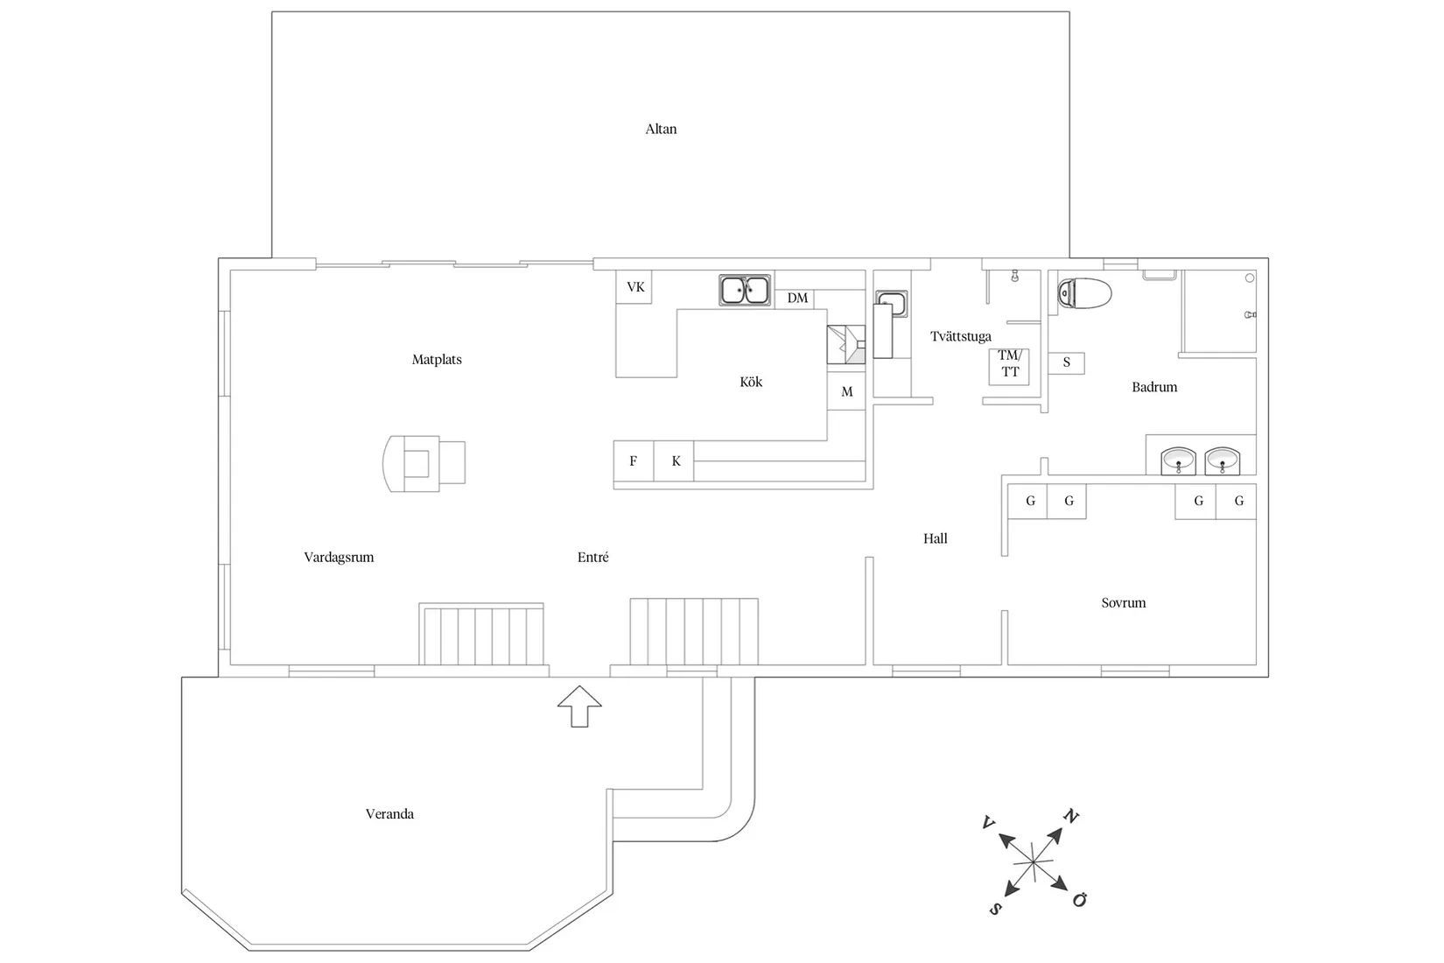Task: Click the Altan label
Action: pos(661,129)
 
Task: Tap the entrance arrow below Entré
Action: pos(579,706)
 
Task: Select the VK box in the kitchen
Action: pos(634,287)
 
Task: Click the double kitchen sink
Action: pos(745,290)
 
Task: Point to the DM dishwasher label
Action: pos(797,298)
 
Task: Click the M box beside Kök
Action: pos(846,391)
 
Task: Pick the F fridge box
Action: pos(633,460)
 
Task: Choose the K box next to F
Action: pos(675,460)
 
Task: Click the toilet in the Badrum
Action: pos(1084,293)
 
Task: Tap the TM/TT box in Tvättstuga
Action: pos(1009,364)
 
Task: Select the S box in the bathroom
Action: pos(1066,362)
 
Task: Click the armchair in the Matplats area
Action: pos(424,462)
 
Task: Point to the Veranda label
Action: pos(389,813)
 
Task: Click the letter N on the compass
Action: pos(1070,817)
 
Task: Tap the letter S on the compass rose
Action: pos(995,909)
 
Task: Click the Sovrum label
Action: pos(1123,602)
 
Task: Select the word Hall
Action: pos(935,538)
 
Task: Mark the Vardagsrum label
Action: pos(339,557)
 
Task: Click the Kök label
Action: pos(751,382)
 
